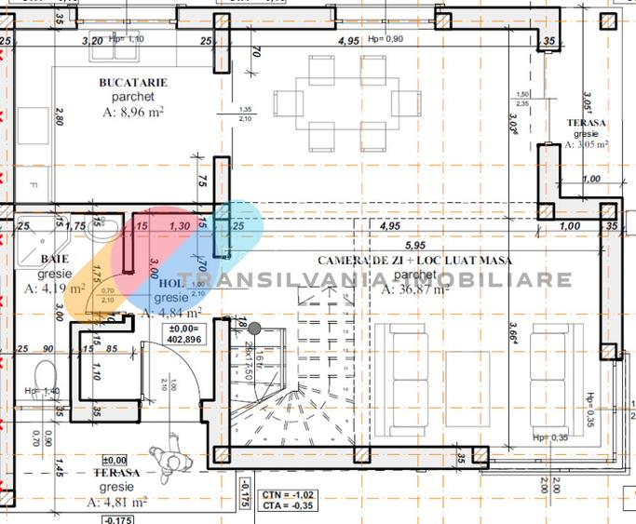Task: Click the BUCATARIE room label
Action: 133,82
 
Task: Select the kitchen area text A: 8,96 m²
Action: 133,114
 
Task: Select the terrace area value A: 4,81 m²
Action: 118,502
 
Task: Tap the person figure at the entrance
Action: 169,456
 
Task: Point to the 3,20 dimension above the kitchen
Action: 92,42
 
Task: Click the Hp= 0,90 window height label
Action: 386,39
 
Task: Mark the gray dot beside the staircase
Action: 252,327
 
